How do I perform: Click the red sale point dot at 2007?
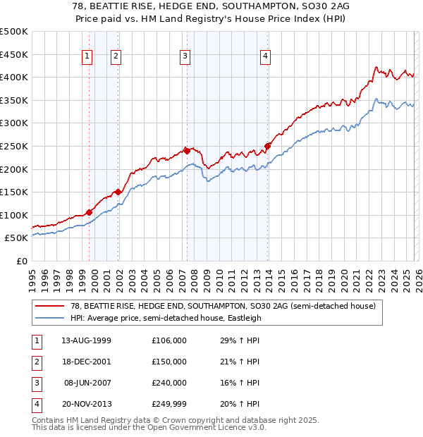[x=187, y=150]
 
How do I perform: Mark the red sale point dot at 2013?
[x=267, y=146]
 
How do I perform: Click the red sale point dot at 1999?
[x=90, y=212]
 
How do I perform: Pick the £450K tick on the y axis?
[x=15, y=54]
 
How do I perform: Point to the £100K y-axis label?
[x=15, y=215]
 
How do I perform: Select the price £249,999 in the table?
[x=169, y=404]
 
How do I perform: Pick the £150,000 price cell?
[x=169, y=362]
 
